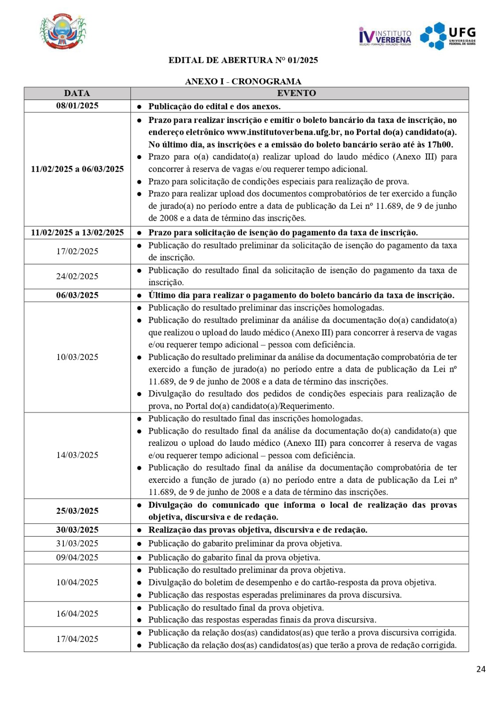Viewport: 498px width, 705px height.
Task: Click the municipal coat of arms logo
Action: [x=63, y=32]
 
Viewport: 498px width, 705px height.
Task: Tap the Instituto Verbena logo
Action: [x=385, y=37]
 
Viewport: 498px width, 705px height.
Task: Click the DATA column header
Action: [x=77, y=93]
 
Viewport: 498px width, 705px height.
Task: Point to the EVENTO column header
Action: [x=296, y=93]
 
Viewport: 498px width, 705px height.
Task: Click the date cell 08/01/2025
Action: [x=77, y=106]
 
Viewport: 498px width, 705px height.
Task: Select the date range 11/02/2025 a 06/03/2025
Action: [x=77, y=169]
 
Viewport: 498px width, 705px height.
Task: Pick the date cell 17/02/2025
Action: [x=77, y=251]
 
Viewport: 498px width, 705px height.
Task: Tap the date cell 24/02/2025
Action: [x=77, y=276]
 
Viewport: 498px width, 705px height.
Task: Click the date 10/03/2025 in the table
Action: [x=77, y=357]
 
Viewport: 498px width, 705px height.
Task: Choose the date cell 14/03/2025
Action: [x=77, y=455]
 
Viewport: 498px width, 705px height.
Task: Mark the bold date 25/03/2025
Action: [x=77, y=511]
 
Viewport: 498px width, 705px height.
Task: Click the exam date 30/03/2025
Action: [x=77, y=530]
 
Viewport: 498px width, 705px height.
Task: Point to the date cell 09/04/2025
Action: [x=77, y=557]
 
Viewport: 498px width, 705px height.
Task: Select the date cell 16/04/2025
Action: [x=77, y=614]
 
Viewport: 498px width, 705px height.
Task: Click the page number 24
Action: [x=481, y=669]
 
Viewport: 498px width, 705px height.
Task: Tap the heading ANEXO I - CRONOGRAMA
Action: [x=243, y=82]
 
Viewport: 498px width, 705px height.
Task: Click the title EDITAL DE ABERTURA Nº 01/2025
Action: [x=243, y=60]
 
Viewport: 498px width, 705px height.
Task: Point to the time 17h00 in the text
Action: [x=440, y=145]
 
